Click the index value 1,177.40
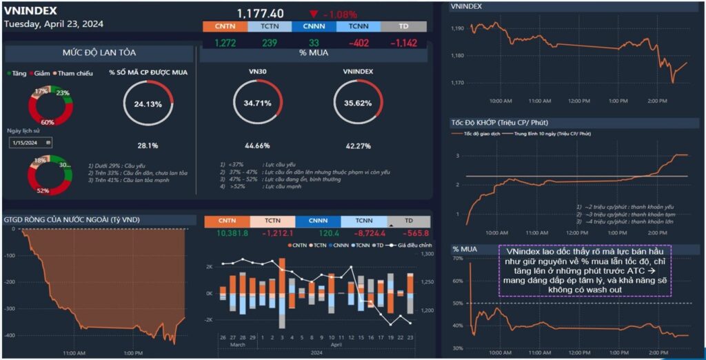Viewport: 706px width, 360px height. [260, 13]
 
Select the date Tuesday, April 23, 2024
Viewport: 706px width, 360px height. [54, 23]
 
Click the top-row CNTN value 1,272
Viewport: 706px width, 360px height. [225, 43]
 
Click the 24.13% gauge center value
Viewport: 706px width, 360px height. [148, 105]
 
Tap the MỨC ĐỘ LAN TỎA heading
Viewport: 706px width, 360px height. [99, 53]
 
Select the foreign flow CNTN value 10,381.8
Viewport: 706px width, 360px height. [232, 234]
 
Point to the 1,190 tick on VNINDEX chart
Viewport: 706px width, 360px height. [457, 28]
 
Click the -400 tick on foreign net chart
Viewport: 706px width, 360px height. [10, 335]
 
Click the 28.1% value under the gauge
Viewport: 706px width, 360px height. [148, 146]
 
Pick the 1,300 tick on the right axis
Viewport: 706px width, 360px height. [426, 255]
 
